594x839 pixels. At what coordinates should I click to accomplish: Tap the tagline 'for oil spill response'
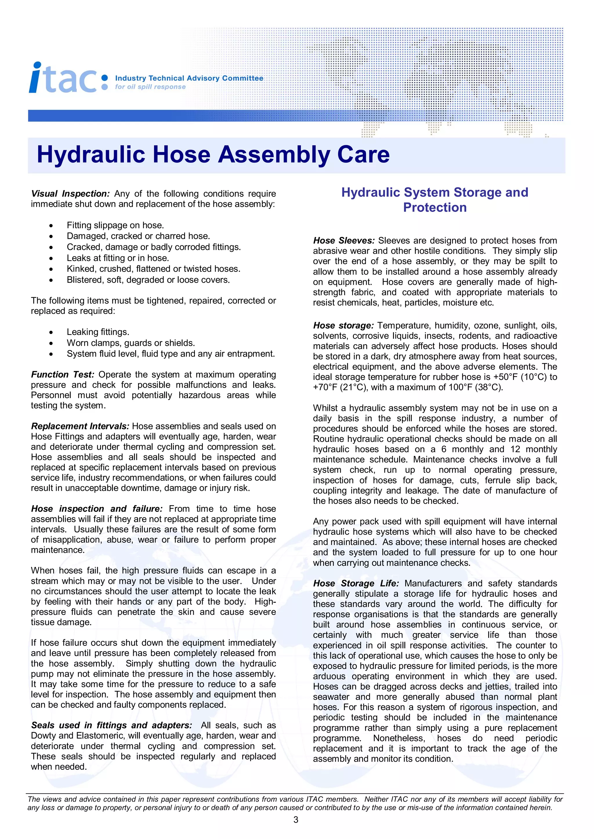[150, 87]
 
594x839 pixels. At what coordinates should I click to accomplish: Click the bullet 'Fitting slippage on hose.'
[115, 225]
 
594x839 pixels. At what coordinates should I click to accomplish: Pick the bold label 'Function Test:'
[63, 375]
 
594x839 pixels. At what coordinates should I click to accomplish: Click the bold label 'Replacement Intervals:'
[80, 426]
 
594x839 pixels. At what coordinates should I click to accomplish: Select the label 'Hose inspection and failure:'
[97, 509]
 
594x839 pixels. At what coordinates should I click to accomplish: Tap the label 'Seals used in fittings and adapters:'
[111, 725]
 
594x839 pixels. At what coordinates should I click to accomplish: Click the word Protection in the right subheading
[434, 207]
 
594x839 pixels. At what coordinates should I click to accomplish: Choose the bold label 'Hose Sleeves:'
[343, 240]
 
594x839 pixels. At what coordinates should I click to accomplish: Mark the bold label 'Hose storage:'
[343, 325]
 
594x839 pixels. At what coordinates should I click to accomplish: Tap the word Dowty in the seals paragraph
[43, 736]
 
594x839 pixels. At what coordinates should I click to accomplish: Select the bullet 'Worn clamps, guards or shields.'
[131, 343]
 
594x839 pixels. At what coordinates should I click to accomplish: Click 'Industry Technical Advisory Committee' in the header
[189, 78]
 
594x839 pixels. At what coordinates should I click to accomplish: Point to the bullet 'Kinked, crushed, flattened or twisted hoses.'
[153, 269]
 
